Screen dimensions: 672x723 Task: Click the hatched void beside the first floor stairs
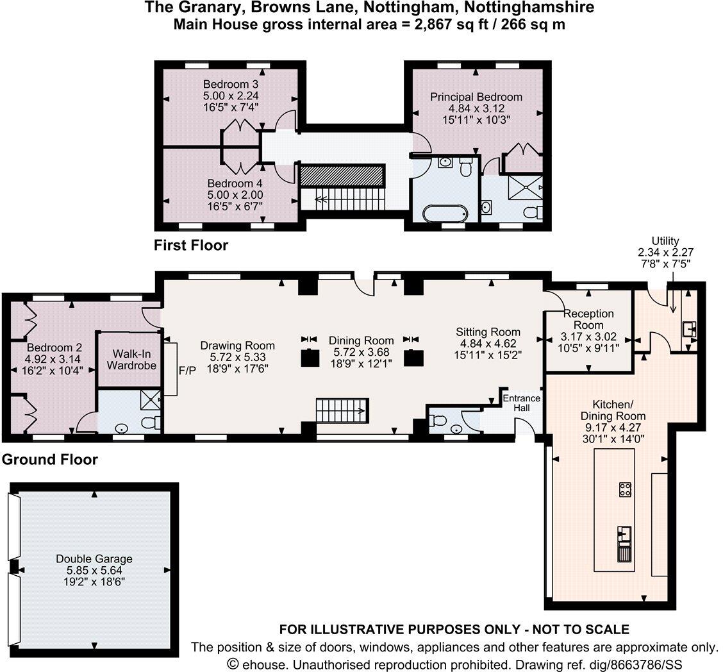pyautogui.click(x=342, y=176)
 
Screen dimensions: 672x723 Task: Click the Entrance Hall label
pyautogui.click(x=521, y=403)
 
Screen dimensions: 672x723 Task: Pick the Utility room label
pyautogui.click(x=665, y=241)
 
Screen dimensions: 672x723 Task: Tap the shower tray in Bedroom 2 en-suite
pyautogui.click(x=153, y=400)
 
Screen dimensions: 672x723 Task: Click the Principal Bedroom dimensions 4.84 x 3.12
pyautogui.click(x=476, y=108)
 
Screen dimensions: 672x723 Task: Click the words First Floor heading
pyautogui.click(x=191, y=245)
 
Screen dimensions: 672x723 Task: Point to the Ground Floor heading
pyautogui.click(x=50, y=460)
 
